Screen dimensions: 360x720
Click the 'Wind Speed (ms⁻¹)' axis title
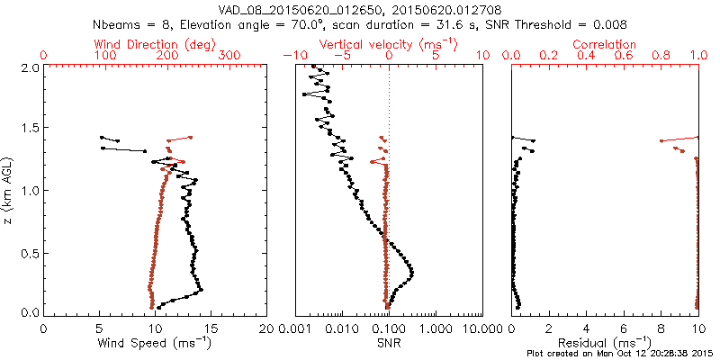[155, 343]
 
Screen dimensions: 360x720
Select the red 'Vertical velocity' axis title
[388, 43]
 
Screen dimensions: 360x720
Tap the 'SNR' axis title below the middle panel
[388, 342]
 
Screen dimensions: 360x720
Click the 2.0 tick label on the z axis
[29, 67]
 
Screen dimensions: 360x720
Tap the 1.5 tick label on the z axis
[29, 129]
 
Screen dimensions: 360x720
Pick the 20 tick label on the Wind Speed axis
[266, 328]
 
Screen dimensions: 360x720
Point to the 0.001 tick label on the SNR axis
[295, 328]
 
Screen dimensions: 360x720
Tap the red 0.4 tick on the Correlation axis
[586, 56]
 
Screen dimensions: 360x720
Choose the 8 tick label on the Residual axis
[661, 328]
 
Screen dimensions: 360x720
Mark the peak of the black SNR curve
[413, 272]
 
